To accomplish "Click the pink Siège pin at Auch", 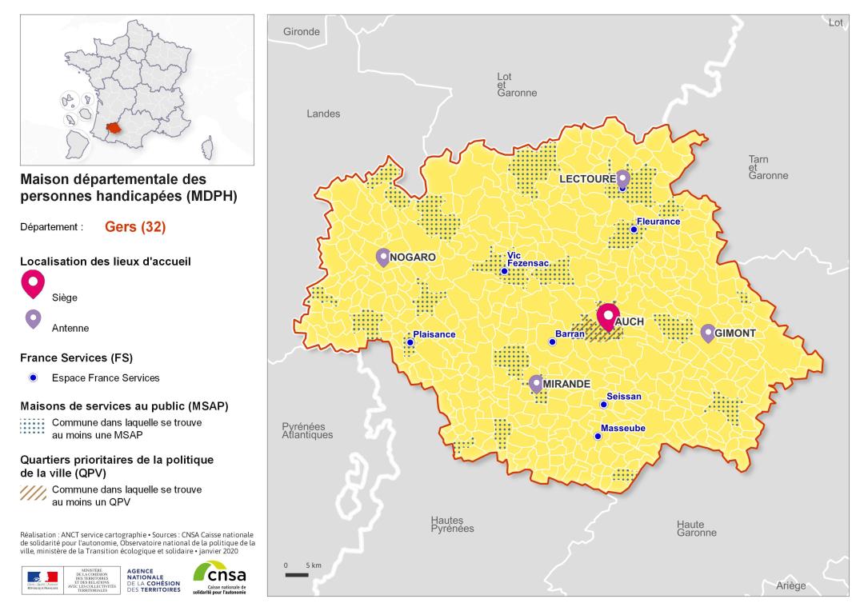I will coord(608,317).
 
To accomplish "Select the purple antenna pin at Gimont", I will coord(708,333).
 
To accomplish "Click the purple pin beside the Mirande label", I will coord(536,383).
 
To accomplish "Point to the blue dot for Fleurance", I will coord(634,230).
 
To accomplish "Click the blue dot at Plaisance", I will coord(410,342).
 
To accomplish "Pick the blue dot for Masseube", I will coord(598,436).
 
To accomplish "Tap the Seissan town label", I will coord(624,396).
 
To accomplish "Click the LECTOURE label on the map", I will coord(587,179).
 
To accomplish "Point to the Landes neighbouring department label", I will coord(323,114).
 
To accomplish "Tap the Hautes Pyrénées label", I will coord(452,525).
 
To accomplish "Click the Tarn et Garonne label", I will coord(768,167).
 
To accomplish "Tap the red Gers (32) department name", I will coord(135,227).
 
